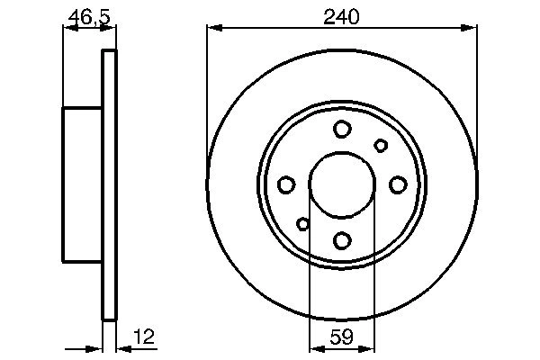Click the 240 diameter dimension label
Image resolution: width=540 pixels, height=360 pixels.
point(342,15)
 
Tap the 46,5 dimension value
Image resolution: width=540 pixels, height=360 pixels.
point(88,15)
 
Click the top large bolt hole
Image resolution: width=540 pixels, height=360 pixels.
point(342,130)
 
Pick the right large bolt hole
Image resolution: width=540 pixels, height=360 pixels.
point(397,184)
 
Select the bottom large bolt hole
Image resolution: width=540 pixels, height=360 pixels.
point(342,240)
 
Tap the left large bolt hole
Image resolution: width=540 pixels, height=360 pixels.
point(286,184)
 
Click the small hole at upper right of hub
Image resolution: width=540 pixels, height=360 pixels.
point(381,145)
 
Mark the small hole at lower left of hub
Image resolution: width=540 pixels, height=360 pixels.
point(303,224)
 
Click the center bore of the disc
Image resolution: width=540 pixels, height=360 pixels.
point(342,184)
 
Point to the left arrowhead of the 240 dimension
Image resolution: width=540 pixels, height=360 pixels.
point(213,29)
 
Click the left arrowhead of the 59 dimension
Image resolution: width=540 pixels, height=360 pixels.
point(315,348)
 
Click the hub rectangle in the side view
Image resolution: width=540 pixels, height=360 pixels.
point(82,184)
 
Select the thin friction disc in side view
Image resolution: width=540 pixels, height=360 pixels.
point(110,184)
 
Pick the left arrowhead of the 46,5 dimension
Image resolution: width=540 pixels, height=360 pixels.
point(67,29)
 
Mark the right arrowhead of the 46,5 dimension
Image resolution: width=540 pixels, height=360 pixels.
point(112,29)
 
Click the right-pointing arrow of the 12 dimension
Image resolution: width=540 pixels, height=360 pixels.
point(97,348)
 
